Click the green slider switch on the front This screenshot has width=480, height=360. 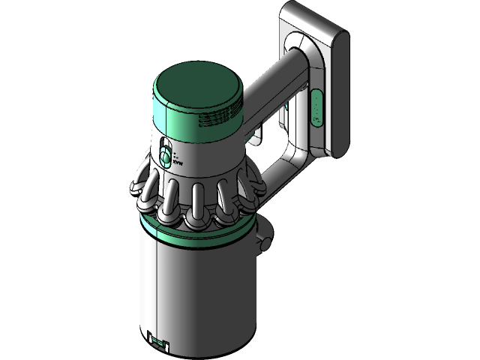tap(163, 158)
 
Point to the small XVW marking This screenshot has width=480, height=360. tap(178, 160)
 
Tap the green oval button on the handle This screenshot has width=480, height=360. tap(316, 109)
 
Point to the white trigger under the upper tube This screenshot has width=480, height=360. tap(257, 136)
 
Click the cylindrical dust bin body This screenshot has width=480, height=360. tap(195, 285)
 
